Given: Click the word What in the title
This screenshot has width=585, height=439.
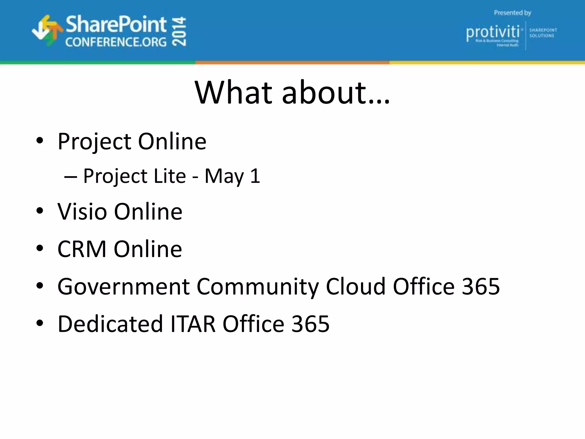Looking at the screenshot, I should point(234,93).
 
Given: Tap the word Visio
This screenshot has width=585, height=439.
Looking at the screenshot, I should point(82,211).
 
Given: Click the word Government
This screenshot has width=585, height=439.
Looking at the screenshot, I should point(123,286).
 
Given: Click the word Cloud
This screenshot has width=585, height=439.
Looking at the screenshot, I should point(356,286).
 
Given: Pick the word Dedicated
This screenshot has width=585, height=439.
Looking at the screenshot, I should point(110,324).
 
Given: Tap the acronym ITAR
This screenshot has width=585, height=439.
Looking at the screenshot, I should point(193,324).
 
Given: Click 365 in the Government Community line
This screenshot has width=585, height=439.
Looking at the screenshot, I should point(481,286).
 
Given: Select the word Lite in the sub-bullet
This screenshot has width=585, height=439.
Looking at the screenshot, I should point(170,176).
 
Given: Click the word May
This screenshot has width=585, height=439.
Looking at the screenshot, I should point(224,177).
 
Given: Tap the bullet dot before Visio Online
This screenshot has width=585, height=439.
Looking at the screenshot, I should point(40,211).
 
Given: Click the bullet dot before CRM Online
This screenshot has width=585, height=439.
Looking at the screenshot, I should point(40,248).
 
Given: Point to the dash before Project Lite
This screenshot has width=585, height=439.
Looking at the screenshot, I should point(71,177).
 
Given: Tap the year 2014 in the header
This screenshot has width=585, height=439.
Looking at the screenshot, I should point(180,31).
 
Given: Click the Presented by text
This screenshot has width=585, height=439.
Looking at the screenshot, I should point(512,13).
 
